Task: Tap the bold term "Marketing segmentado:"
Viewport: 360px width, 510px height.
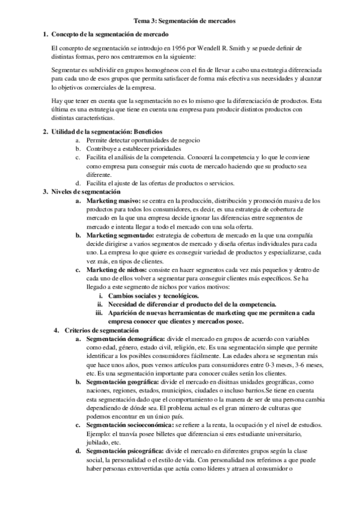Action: coord(120,235)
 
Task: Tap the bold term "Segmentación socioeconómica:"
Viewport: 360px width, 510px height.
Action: coord(131,425)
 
